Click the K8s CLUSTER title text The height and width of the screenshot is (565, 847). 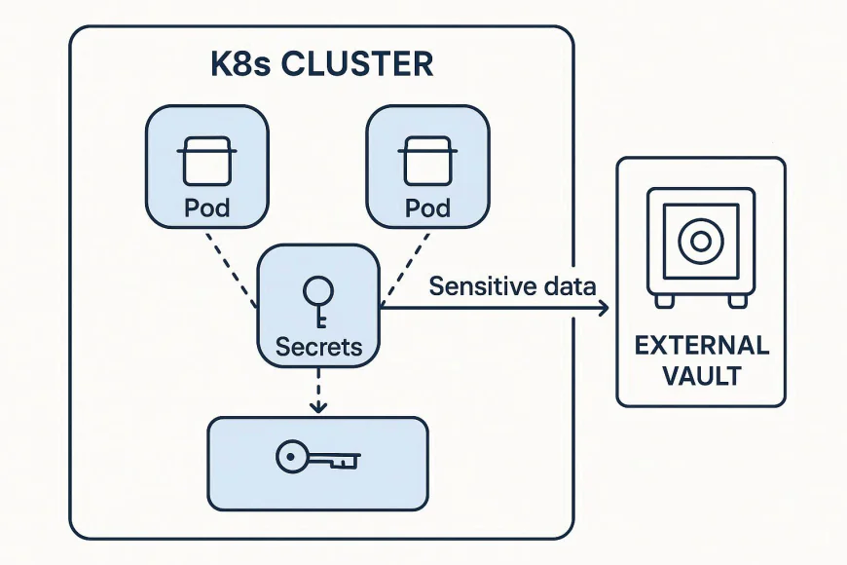tap(321, 65)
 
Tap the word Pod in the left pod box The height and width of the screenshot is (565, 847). tap(207, 207)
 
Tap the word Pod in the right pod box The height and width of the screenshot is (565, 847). tap(427, 207)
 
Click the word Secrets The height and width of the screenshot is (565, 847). tap(318, 346)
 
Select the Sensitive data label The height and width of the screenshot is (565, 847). tap(513, 286)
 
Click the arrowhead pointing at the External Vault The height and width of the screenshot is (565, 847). tap(603, 308)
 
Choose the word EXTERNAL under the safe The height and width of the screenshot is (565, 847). tap(701, 346)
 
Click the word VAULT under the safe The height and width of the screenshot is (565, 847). tap(701, 375)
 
